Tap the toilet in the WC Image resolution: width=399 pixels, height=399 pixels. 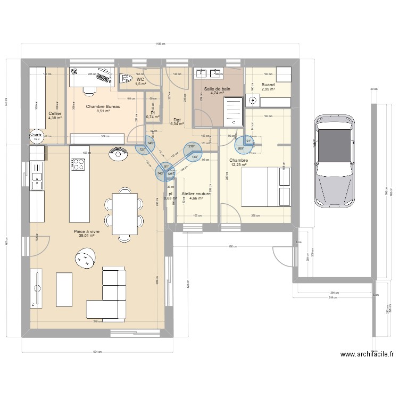click(x=127, y=79)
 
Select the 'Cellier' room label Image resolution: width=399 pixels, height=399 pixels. click(x=55, y=113)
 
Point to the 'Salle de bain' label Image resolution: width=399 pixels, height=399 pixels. click(x=219, y=89)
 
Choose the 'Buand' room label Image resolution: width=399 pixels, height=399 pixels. click(x=268, y=85)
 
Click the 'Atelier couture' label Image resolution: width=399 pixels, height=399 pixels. click(x=196, y=194)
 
